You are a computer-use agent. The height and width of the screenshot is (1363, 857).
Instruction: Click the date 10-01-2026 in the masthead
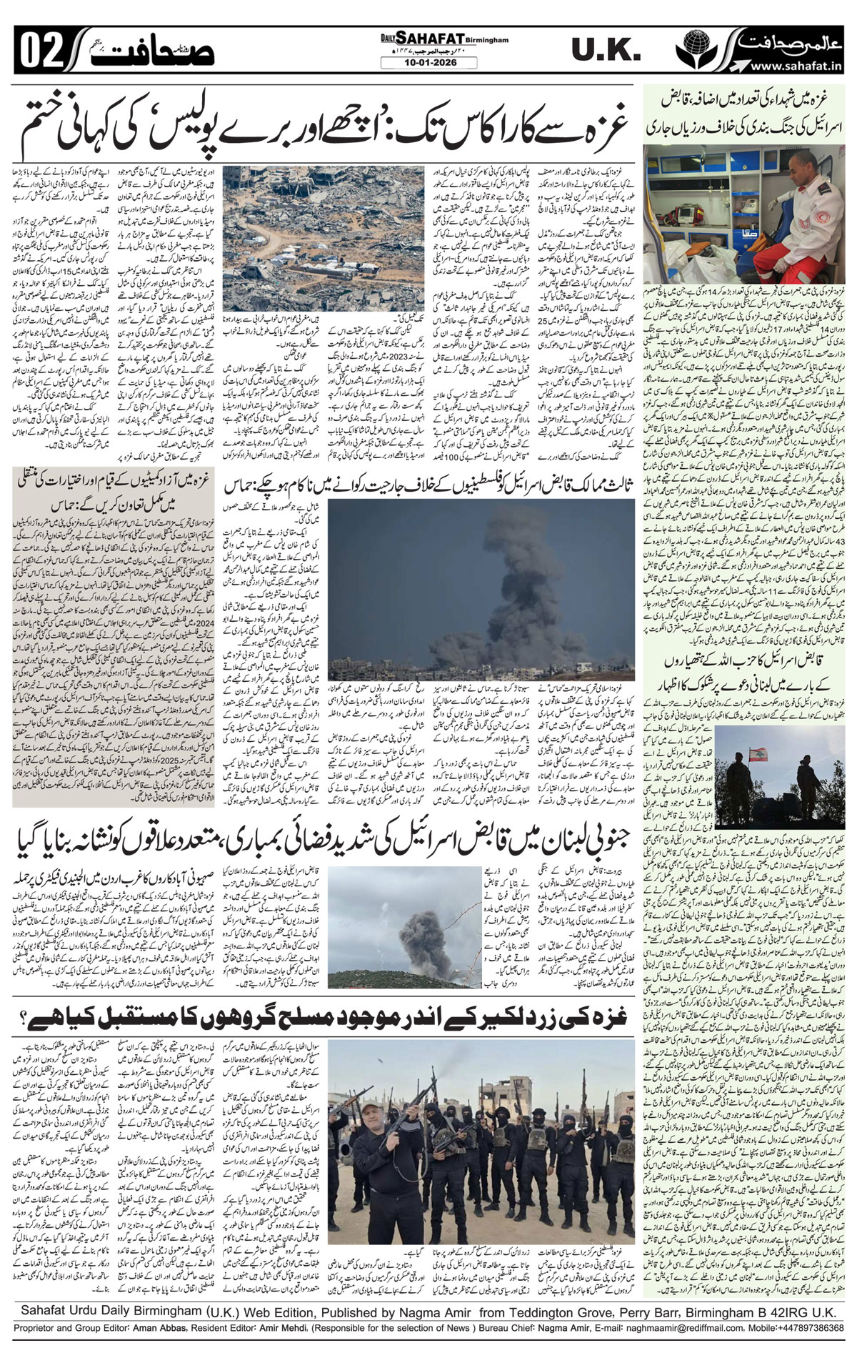pos(428,63)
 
